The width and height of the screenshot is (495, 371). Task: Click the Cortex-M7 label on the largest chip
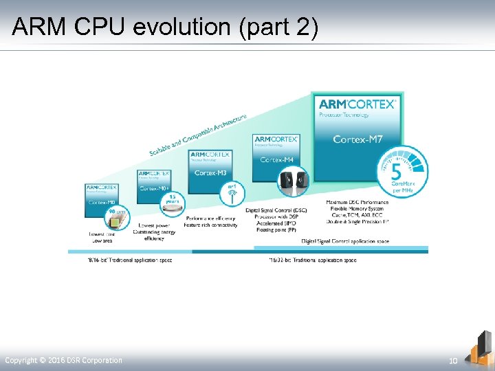click(357, 140)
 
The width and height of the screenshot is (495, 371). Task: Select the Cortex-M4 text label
click(277, 160)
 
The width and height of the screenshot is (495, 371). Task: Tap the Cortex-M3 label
click(210, 173)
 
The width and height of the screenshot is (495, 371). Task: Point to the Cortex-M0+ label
click(153, 188)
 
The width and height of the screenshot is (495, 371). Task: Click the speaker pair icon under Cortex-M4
click(294, 181)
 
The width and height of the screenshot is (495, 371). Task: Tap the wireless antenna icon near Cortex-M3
click(232, 194)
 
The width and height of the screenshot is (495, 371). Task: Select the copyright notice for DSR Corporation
click(63, 360)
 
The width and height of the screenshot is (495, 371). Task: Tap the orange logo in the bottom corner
click(478, 348)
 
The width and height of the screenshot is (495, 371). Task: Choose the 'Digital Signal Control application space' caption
click(344, 241)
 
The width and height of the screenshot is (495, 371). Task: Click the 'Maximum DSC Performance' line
click(357, 202)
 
